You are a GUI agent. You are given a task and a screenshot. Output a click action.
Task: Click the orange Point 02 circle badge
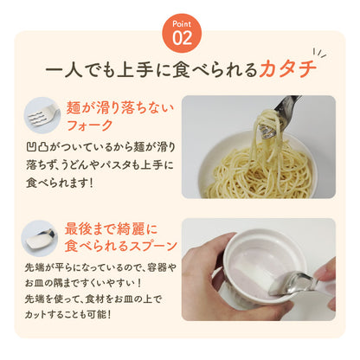click(182, 33)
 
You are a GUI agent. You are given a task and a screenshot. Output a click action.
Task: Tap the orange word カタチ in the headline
click(287, 69)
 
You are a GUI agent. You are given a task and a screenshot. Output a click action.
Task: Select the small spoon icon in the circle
click(41, 238)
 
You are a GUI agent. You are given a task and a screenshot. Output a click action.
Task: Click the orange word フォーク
click(89, 125)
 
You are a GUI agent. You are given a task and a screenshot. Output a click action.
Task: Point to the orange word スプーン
click(153, 246)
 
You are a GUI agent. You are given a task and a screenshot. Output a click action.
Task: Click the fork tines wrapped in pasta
click(267, 132)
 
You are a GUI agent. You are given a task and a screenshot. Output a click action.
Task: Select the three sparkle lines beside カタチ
click(319, 53)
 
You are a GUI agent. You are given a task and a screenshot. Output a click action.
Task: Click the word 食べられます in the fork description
click(57, 183)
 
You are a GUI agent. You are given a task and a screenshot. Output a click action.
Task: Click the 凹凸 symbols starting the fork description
click(37, 147)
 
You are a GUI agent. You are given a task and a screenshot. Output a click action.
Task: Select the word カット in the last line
click(35, 314)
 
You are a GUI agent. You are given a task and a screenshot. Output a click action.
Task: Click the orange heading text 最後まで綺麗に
click(111, 229)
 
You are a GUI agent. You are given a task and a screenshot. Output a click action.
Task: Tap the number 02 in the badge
click(182, 38)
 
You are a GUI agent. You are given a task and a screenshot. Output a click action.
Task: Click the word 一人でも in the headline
click(80, 70)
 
